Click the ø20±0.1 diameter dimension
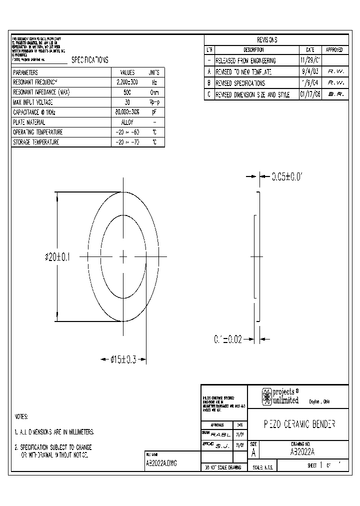point(57,257)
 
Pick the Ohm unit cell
point(154,92)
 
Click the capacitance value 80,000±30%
point(127,112)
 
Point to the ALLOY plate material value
point(127,122)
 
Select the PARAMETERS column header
point(25,72)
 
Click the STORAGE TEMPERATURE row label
point(36,142)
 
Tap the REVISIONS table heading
point(267,40)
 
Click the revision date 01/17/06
point(310,94)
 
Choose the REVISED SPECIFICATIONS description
point(240,83)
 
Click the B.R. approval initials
point(335,94)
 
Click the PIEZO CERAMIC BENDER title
point(299,424)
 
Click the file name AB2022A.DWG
point(161,463)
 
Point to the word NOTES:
point(21,416)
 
